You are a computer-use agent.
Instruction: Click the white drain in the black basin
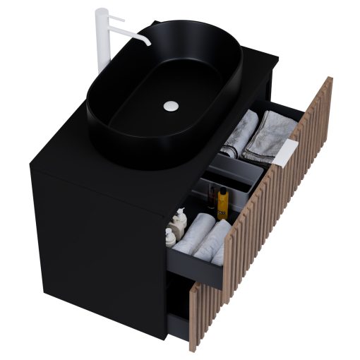[169, 106]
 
